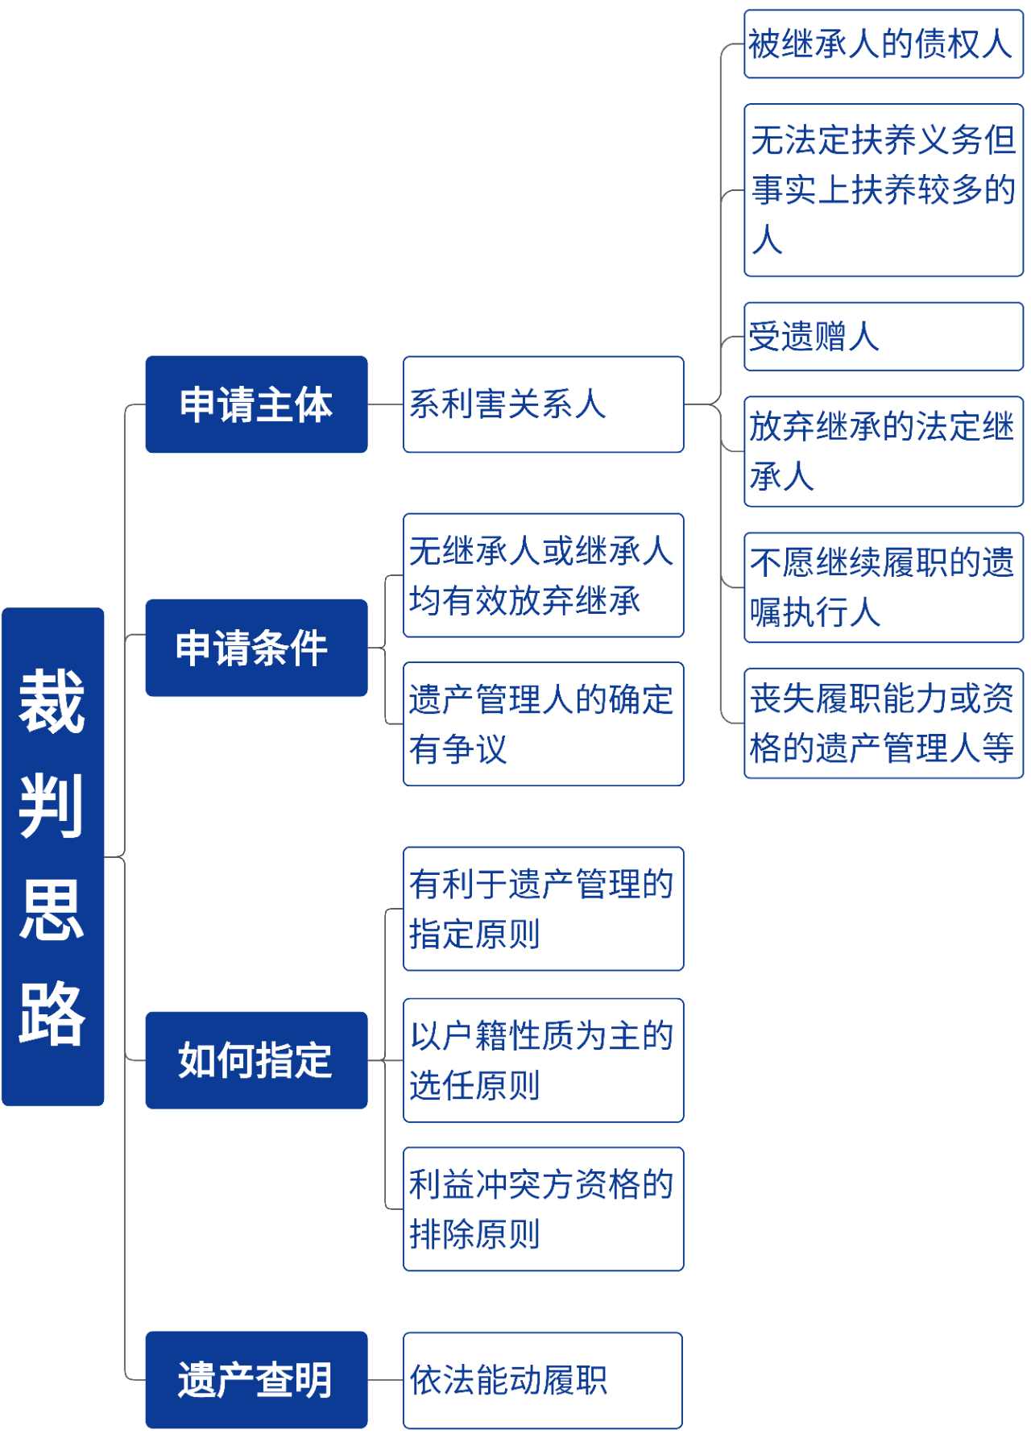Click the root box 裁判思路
click(x=53, y=856)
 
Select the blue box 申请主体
click(x=256, y=404)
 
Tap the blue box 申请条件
click(x=256, y=648)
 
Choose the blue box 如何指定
click(x=256, y=1060)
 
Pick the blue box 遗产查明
click(x=256, y=1380)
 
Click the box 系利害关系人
click(x=544, y=404)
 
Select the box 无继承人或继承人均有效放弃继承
click(x=544, y=575)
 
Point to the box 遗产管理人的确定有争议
click(x=544, y=724)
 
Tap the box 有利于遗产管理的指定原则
click(x=544, y=909)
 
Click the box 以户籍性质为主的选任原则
click(x=544, y=1060)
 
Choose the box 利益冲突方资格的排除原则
click(x=544, y=1209)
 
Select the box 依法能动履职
click(x=543, y=1380)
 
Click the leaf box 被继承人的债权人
click(x=884, y=44)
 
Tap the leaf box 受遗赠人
click(x=884, y=337)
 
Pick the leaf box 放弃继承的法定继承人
click(x=884, y=451)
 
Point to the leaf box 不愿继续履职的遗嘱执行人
click(x=884, y=587)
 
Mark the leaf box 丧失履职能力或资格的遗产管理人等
click(x=884, y=723)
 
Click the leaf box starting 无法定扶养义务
click(x=884, y=190)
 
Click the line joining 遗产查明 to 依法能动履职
click(x=385, y=1380)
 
